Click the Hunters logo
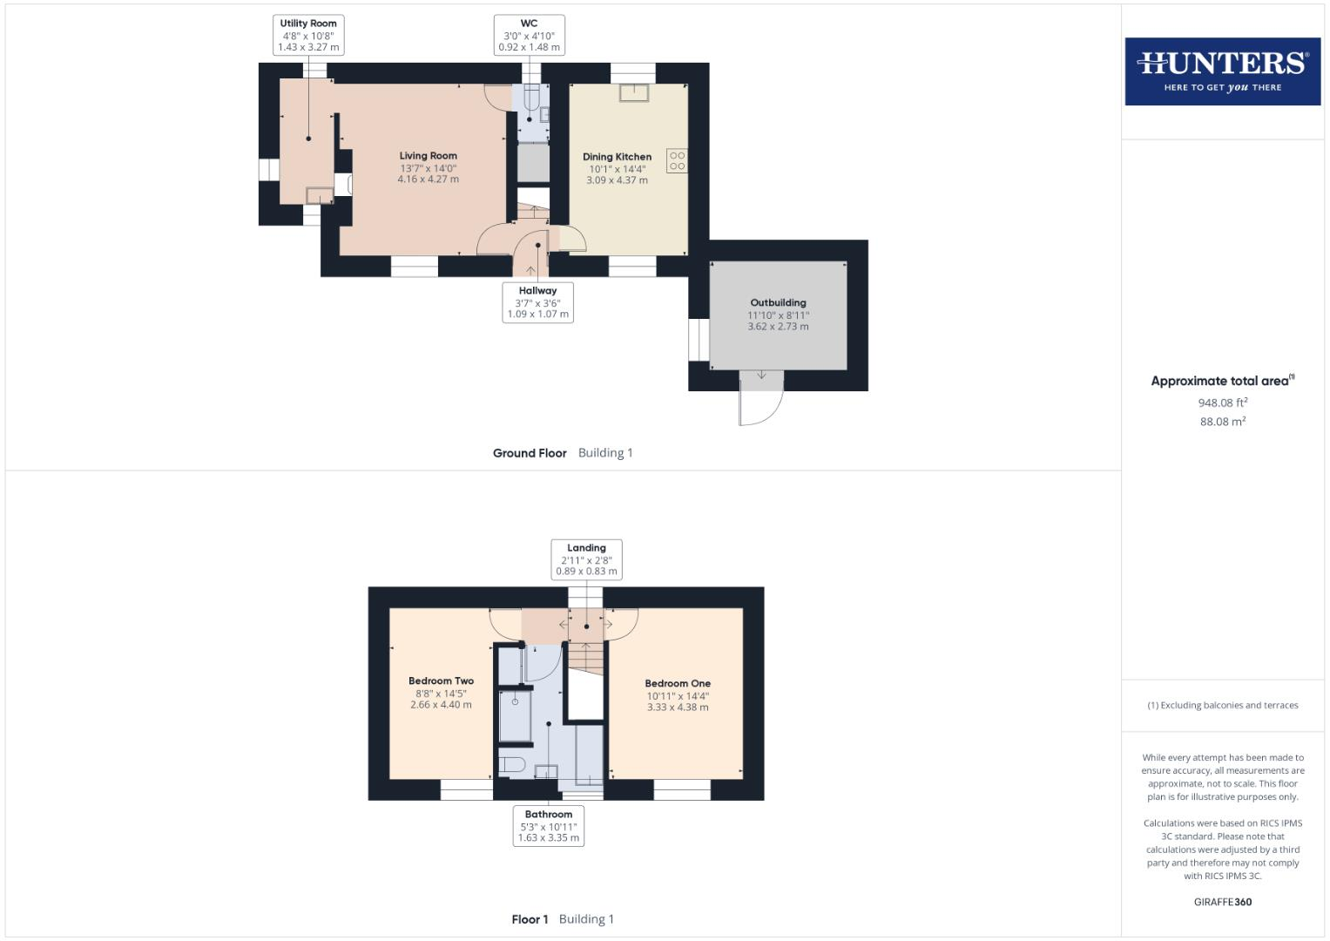coord(1222,71)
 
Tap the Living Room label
coord(428,156)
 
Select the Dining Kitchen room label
coord(617,157)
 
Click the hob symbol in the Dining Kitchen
coord(677,160)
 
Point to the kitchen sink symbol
coord(634,92)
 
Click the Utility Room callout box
coord(308,35)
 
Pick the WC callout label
coord(529,35)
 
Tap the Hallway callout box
coord(537,302)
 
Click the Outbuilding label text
coord(778,303)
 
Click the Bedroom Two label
coord(441,681)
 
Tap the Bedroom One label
coord(678,684)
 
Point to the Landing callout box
coord(586,559)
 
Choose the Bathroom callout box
coord(548,826)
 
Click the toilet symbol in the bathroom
coord(511,765)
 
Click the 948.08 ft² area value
coord(1222,403)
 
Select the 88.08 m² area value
coord(1222,422)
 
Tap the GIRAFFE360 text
coord(1222,902)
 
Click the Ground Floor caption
coord(530,453)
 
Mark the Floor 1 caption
coord(530,919)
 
